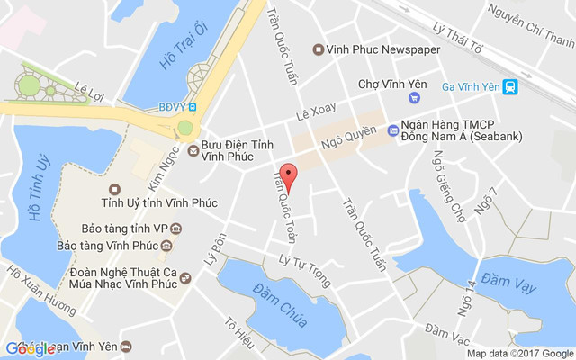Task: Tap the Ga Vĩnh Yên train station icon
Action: click(x=510, y=87)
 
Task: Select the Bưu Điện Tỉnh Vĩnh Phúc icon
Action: click(x=193, y=148)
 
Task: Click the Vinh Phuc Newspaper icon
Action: click(x=317, y=49)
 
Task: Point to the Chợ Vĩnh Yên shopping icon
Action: click(x=413, y=97)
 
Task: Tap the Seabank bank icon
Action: click(x=392, y=131)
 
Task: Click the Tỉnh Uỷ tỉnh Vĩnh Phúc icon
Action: click(x=114, y=189)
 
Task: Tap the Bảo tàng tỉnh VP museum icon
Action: click(x=176, y=229)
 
